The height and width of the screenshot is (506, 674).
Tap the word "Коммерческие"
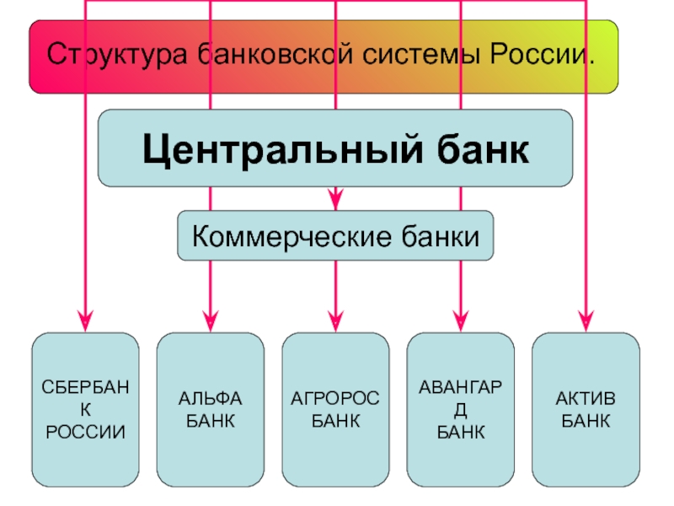point(291,235)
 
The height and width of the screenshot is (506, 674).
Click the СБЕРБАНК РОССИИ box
point(85,409)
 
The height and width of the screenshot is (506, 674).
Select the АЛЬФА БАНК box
point(211,409)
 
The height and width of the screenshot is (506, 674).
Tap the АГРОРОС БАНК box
point(335,409)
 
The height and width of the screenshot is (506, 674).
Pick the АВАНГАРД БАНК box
point(461,409)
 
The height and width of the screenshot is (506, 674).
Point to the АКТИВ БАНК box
point(586,409)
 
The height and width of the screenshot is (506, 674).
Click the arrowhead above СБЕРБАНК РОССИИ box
point(85,319)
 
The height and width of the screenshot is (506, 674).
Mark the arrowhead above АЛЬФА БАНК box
point(211,319)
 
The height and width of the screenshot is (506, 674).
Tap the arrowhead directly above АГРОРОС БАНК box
point(335,319)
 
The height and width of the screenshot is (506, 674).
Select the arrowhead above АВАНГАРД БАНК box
point(461,319)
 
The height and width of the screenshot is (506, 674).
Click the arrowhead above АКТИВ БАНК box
point(586,319)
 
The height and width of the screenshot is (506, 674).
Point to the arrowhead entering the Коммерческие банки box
point(335,202)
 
